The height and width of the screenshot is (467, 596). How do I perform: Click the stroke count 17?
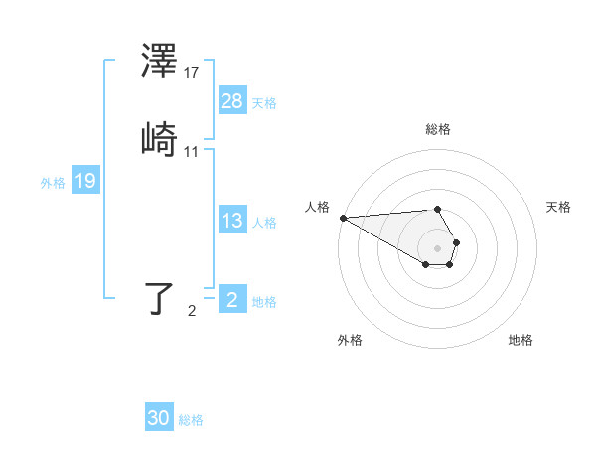[x=192, y=73]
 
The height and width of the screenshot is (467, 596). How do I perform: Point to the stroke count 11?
[x=192, y=151]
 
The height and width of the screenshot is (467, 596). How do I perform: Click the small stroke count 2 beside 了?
[x=192, y=311]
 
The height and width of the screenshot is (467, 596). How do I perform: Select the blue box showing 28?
[x=232, y=101]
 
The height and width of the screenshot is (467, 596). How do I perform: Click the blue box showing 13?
[x=232, y=222]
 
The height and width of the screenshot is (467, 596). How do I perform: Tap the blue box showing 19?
[x=85, y=182]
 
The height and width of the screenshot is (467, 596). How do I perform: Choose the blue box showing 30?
[x=159, y=419]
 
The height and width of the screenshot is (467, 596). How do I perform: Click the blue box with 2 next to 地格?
[x=232, y=300]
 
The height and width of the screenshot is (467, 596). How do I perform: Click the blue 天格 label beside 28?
[x=264, y=102]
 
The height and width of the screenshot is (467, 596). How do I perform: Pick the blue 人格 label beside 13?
[x=264, y=223]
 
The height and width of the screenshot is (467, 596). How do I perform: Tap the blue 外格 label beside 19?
[x=53, y=183]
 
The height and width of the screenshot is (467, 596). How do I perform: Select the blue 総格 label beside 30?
[x=191, y=420]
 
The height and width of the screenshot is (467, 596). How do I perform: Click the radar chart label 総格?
[x=438, y=129]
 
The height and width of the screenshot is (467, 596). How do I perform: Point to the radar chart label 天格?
[x=559, y=207]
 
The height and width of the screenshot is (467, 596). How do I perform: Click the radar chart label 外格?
[x=350, y=340]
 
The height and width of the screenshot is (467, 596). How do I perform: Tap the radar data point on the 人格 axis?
[x=343, y=218]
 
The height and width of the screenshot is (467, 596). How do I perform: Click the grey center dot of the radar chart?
[x=437, y=247]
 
